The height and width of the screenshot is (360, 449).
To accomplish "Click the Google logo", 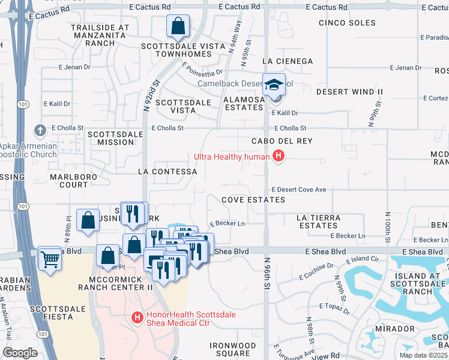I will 20,352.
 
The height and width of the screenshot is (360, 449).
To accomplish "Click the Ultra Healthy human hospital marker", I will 278,157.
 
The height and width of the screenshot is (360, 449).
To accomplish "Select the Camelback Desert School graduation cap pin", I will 274,85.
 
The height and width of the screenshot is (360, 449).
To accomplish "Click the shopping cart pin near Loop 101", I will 49,259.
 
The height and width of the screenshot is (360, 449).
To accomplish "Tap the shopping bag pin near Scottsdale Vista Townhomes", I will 178,26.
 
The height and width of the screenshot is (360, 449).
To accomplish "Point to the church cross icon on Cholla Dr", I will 40,130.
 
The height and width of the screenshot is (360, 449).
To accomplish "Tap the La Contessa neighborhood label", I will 167,172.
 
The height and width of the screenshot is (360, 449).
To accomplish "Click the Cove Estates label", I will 253,199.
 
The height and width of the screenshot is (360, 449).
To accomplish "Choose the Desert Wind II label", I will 349,92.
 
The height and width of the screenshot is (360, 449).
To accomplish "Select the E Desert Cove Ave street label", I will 298,190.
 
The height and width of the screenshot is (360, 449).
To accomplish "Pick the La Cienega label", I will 288,61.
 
